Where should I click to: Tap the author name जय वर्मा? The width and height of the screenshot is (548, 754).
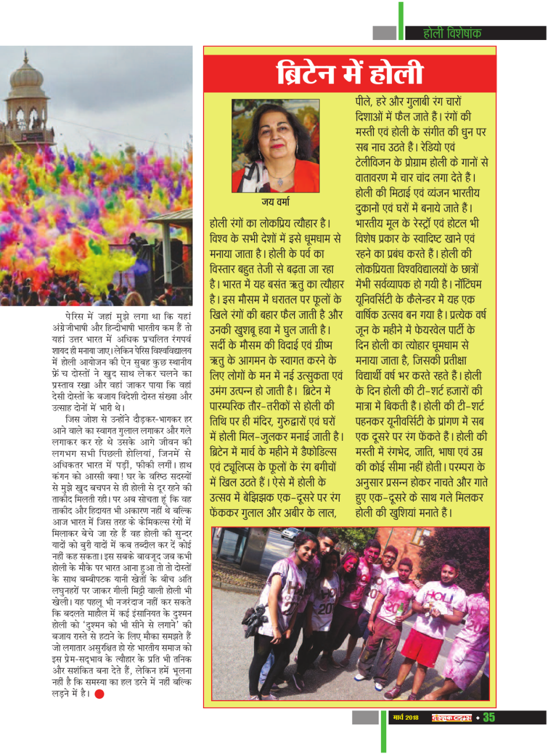275,202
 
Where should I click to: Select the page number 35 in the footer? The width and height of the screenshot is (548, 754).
489,717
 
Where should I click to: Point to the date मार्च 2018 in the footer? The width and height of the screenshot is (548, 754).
405,718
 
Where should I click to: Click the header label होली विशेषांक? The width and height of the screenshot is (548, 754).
452,34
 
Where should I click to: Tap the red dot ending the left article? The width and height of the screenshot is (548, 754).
100,694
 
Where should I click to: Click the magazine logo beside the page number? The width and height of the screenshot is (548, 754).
452,718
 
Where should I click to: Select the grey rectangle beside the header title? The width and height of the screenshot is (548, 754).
384,33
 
